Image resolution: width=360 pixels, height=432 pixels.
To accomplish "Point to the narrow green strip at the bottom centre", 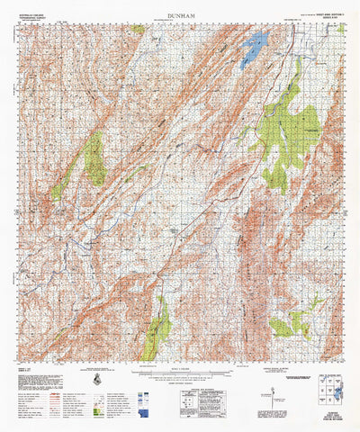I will (157, 328).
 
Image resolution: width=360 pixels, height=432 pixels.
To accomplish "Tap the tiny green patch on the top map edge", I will (137, 29).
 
